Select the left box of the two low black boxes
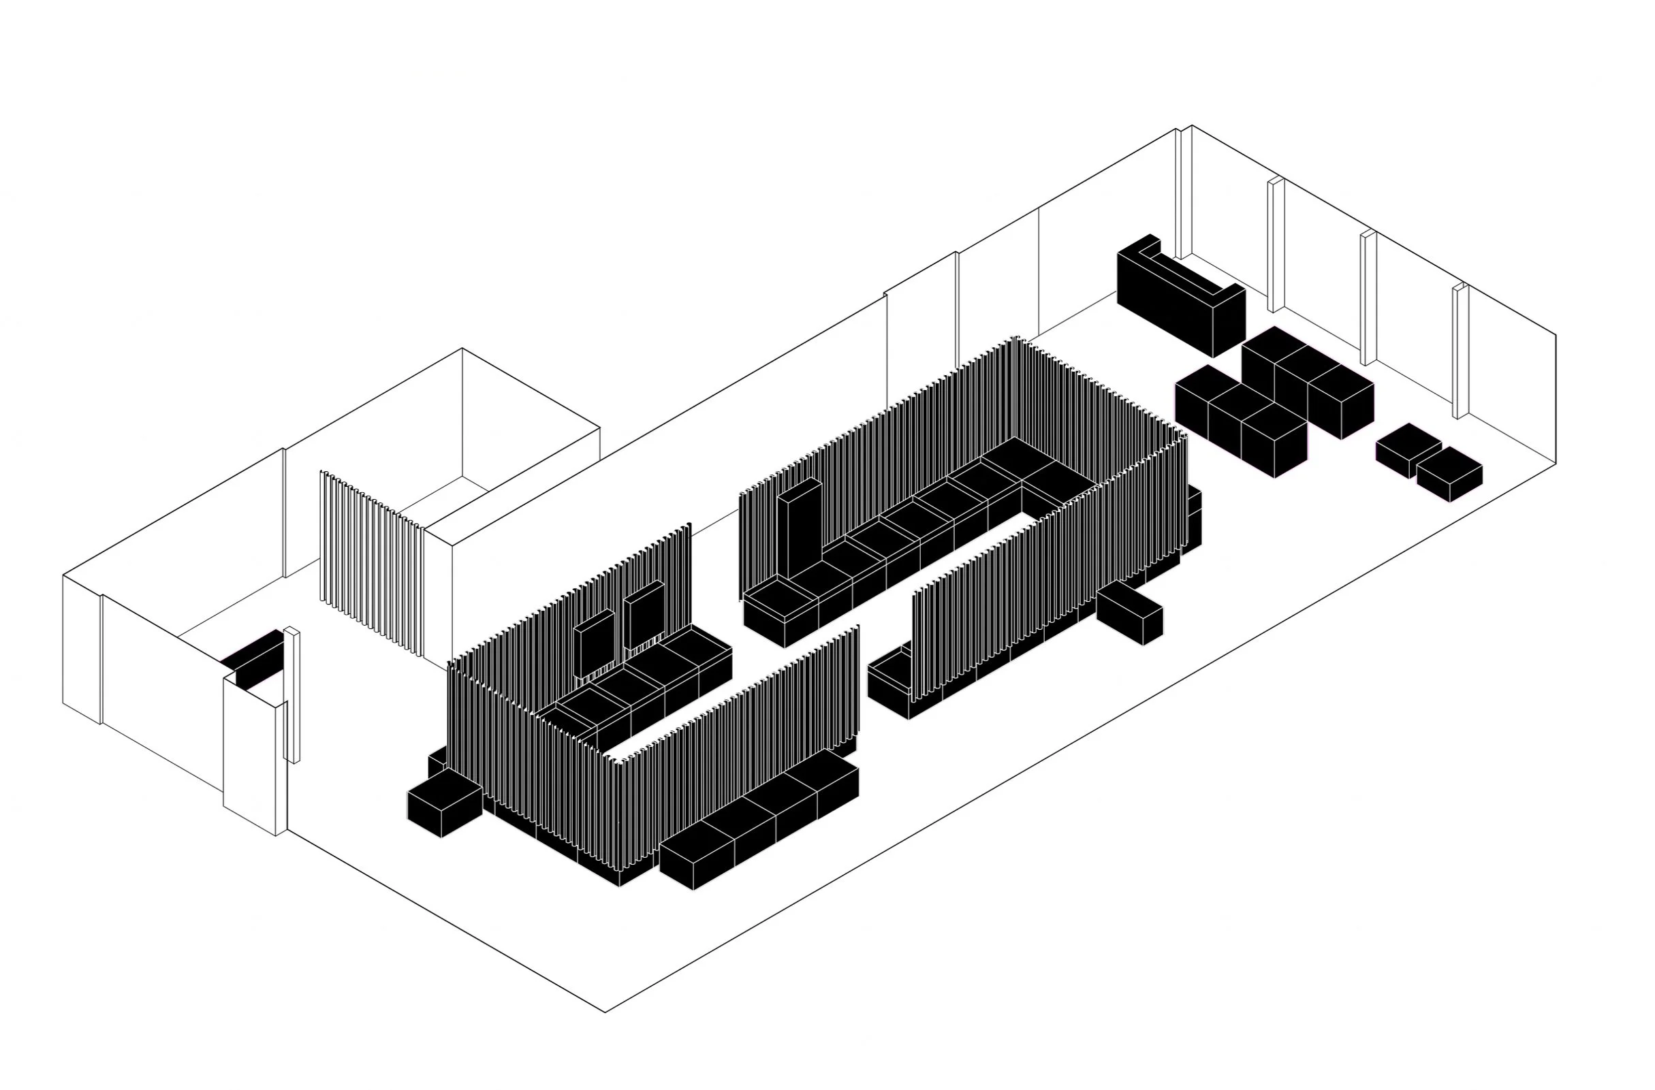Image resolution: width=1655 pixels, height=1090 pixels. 1408,451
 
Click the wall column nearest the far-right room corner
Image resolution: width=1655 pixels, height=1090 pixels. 1460,351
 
